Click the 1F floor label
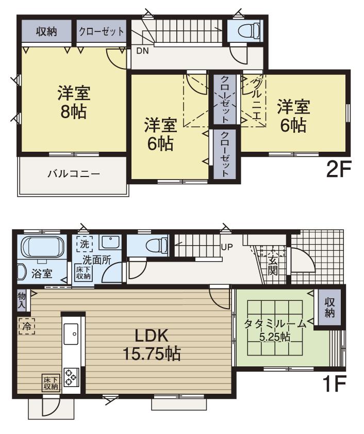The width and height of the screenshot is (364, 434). [x=336, y=384]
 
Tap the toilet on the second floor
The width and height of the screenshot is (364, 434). [x=245, y=31]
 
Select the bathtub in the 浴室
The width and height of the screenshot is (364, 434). [x=43, y=247]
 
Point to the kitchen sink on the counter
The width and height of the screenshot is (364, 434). [x=70, y=334]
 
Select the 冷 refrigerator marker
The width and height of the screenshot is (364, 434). [x=26, y=326]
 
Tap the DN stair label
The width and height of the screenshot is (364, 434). [x=142, y=51]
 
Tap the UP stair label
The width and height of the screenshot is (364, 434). [x=227, y=246]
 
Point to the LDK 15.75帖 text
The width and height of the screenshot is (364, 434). [x=151, y=344]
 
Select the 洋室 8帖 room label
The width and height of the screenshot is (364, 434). [x=73, y=102]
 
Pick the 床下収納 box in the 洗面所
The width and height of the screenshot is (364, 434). [x=84, y=272]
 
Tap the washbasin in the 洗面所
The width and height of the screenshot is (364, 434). [x=109, y=242]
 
